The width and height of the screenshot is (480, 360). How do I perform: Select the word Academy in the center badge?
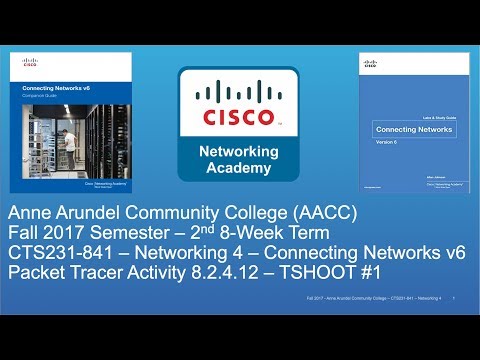point(240,167)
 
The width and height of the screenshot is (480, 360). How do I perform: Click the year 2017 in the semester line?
point(73,233)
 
